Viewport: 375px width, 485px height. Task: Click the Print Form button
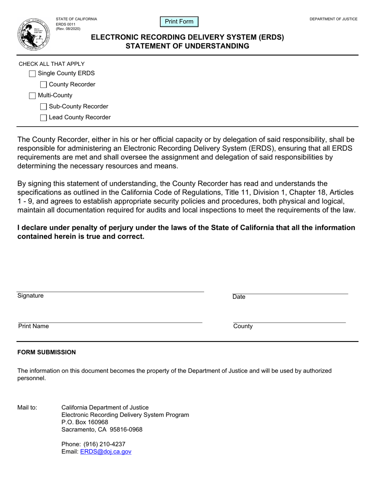coord(179,22)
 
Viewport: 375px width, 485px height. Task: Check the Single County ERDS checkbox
coord(33,74)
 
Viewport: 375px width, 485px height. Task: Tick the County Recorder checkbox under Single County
coord(44,85)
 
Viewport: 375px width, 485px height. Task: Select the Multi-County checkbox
coord(33,95)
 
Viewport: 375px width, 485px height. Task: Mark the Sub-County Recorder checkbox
coord(44,106)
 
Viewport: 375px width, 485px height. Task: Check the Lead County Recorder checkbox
coord(44,118)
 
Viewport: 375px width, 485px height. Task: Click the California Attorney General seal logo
coord(34,35)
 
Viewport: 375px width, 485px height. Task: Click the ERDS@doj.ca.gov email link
coord(105,452)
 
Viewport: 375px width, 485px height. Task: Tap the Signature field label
coord(30,296)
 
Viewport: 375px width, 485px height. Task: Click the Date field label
coord(239,297)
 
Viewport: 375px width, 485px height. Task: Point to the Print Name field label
coord(34,326)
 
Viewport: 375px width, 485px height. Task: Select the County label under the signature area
coord(243,326)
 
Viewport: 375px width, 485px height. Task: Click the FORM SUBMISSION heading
coord(47,352)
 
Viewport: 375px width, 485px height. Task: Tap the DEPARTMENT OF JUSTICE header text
coord(333,19)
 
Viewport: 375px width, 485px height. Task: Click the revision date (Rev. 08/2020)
coord(68,29)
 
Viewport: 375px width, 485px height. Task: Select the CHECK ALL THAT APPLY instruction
coord(52,64)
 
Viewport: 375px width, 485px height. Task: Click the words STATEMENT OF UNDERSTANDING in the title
coord(187,46)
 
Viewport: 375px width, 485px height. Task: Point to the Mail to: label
coord(27,407)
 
